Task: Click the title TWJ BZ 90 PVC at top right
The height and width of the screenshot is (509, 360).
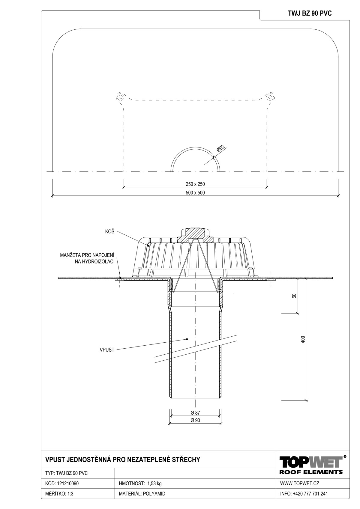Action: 310,13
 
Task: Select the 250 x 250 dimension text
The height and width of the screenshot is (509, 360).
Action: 195,184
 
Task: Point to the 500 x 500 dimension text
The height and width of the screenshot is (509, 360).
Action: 195,193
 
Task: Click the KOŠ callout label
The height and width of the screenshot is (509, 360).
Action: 110,232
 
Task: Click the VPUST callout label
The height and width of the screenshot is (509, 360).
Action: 107,350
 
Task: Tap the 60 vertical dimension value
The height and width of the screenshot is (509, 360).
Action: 294,296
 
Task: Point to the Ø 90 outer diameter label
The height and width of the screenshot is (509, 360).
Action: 195,420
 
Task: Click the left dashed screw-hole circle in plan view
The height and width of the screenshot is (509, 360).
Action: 120,97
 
